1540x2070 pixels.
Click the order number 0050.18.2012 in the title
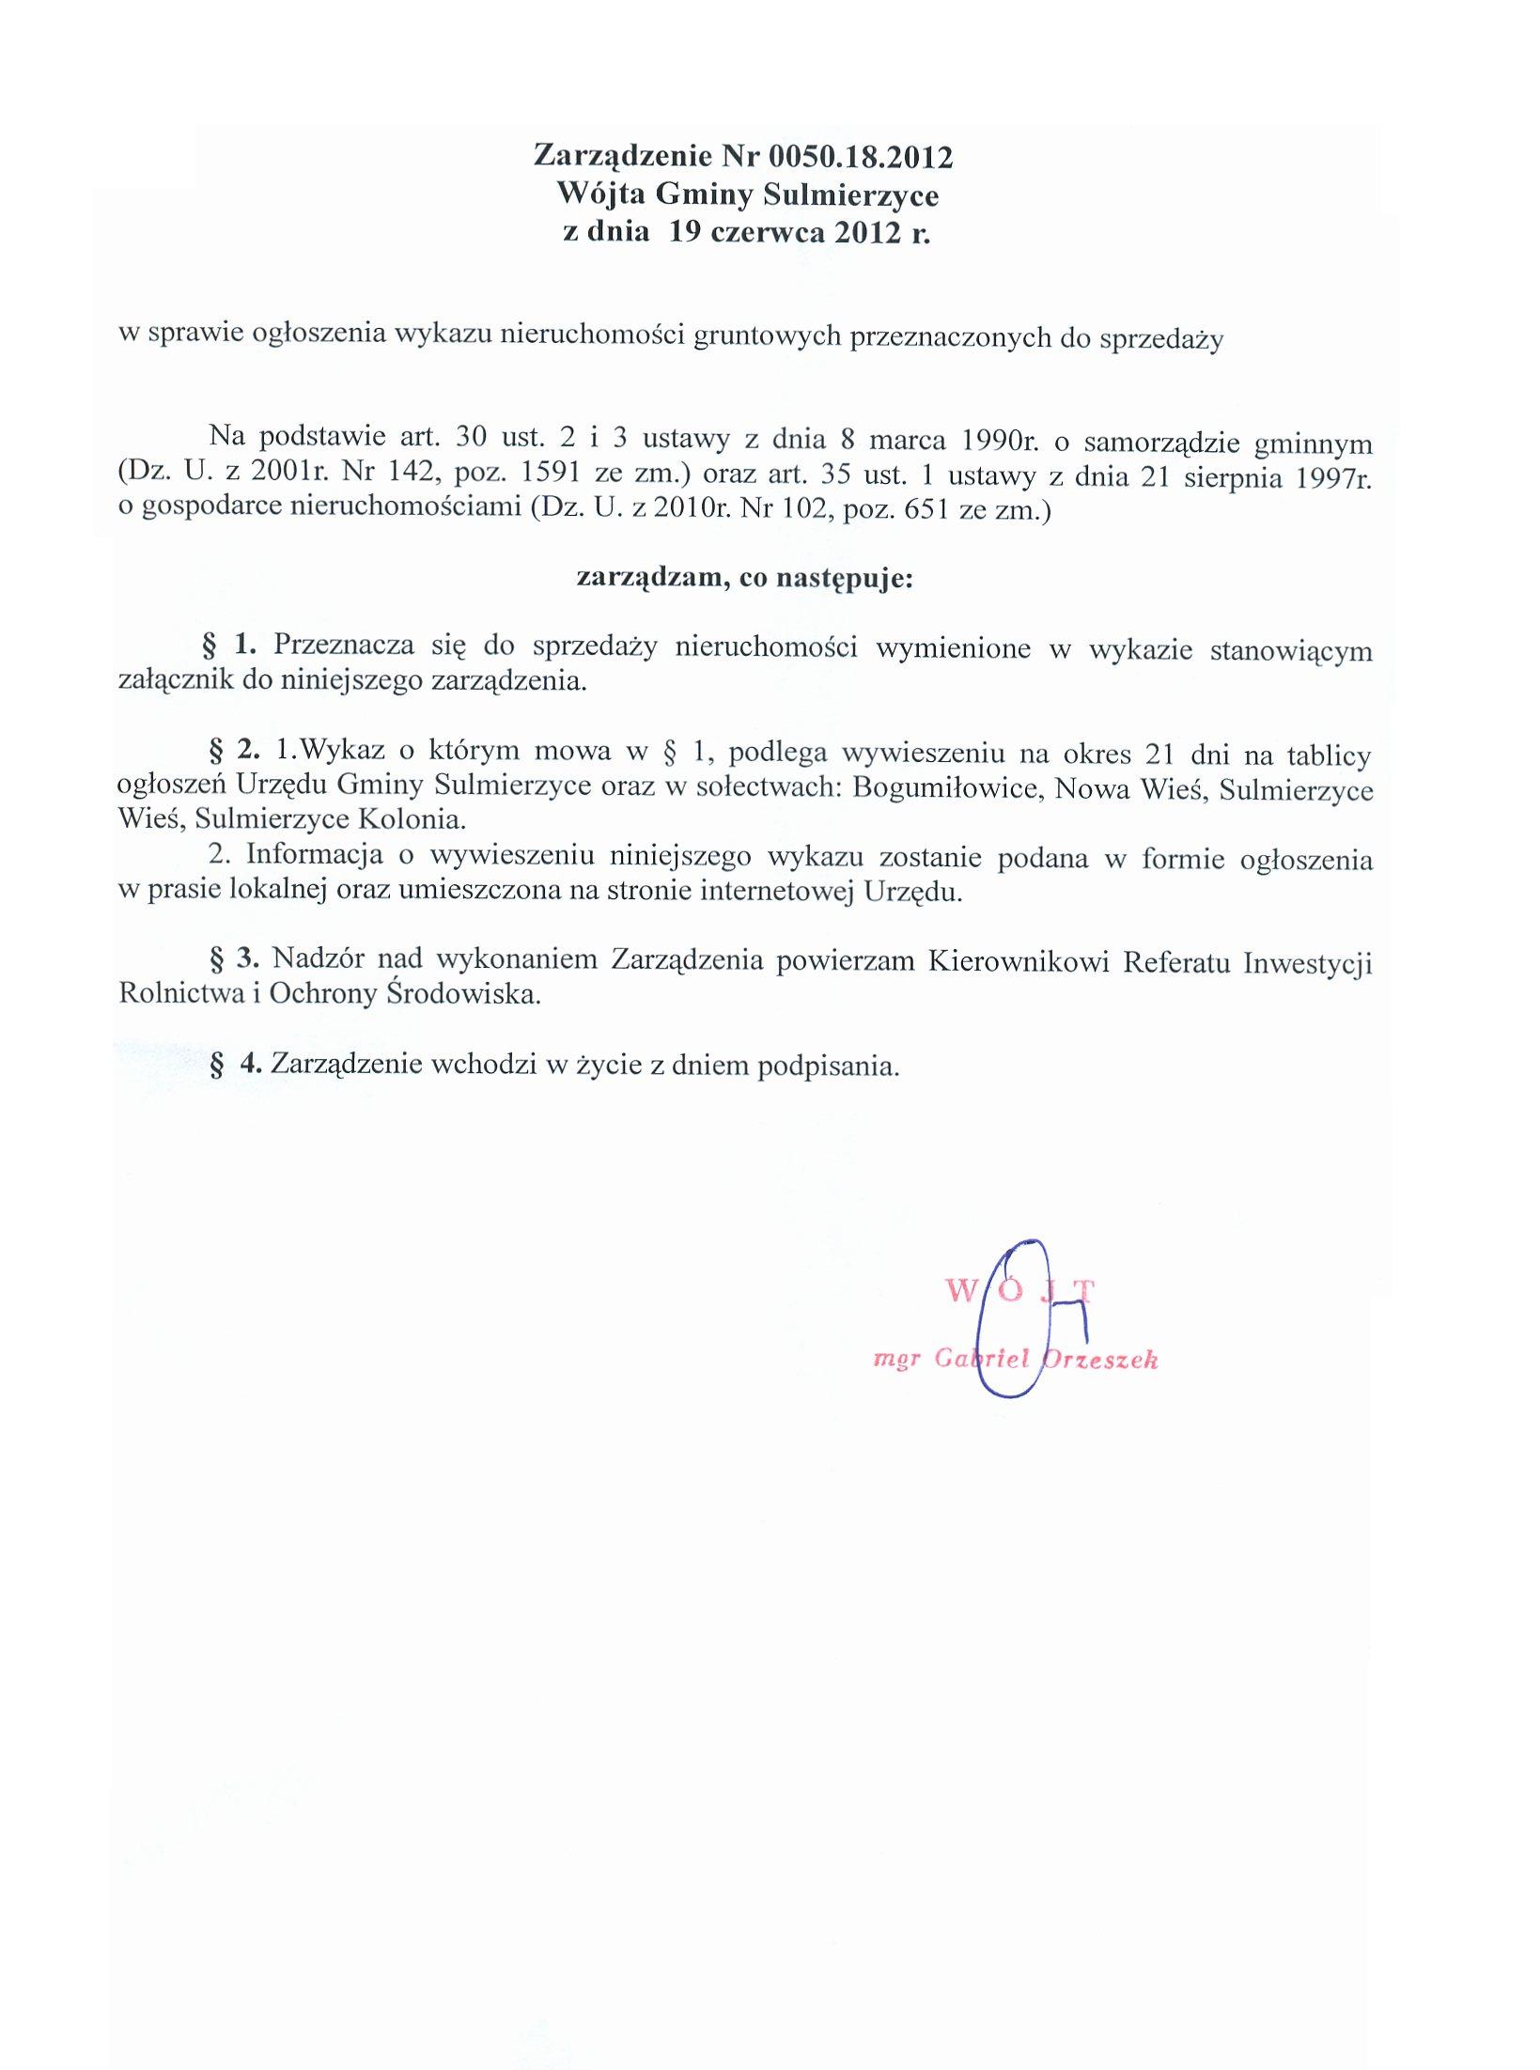tap(860, 157)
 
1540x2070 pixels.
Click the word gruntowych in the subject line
tap(767, 336)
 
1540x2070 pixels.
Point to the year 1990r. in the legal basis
tap(996, 440)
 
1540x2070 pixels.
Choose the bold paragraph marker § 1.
tap(230, 645)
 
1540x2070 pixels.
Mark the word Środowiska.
tap(464, 994)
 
